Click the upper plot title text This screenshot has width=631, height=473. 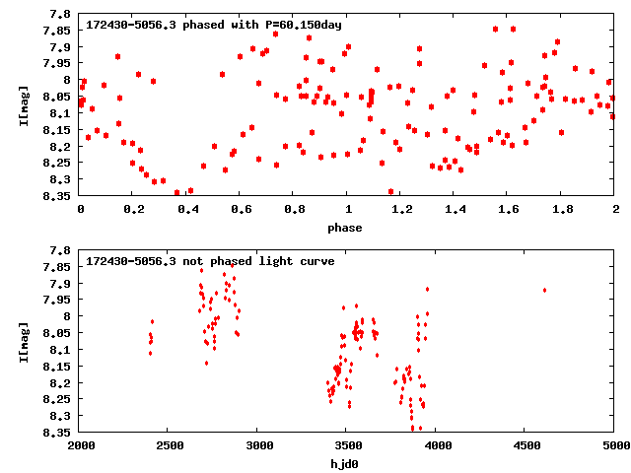coord(214,24)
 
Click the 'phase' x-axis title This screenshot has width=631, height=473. coord(346,228)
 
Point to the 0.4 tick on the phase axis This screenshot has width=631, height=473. coord(186,210)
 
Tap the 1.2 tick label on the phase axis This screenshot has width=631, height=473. coord(400,210)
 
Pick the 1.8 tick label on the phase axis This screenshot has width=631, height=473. coord(561,210)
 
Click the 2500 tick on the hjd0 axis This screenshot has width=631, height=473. coord(169,445)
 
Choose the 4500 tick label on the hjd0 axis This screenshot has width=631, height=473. coord(526,445)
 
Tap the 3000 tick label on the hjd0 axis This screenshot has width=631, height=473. coord(257,445)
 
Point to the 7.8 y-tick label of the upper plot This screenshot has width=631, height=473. coord(62,15)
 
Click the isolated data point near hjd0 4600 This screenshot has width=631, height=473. coord(544,290)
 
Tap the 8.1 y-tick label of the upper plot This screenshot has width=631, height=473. coord(62,113)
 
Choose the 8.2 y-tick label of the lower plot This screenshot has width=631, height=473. coord(62,382)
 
